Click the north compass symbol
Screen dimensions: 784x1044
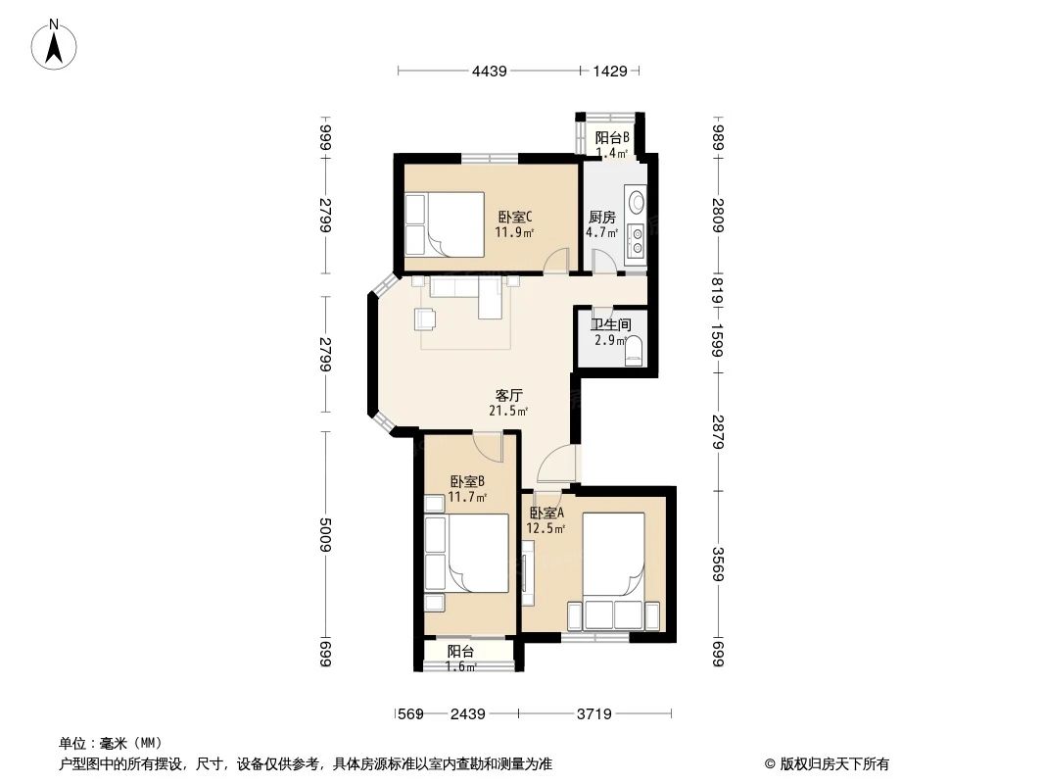[x=55, y=44]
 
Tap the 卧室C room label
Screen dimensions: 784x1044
[x=514, y=218]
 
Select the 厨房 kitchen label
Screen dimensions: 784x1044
[x=601, y=218]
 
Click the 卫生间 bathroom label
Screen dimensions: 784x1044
[x=610, y=324]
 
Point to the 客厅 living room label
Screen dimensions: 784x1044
[x=508, y=396]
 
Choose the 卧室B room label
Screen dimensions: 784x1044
[x=467, y=481]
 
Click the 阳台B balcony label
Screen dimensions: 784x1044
[x=612, y=138]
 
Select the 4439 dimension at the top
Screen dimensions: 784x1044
[x=489, y=71]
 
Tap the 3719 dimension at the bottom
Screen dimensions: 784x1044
[x=593, y=714]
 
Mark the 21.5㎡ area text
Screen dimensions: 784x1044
[x=508, y=412]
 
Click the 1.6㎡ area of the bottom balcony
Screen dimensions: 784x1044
[x=461, y=667]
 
